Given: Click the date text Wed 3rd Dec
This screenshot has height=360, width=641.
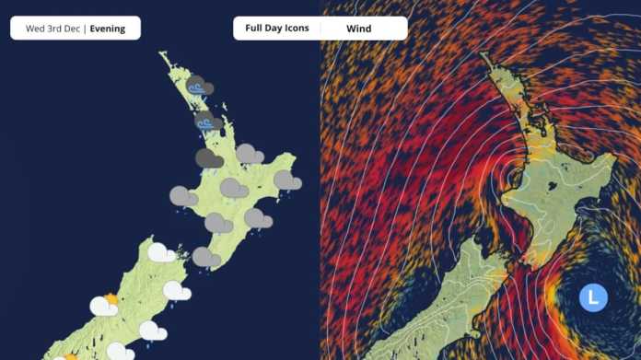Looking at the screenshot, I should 52,29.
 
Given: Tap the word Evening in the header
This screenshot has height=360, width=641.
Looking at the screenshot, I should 109,29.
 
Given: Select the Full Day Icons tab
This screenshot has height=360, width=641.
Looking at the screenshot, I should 276,29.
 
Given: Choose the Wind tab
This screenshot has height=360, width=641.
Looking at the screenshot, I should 358,29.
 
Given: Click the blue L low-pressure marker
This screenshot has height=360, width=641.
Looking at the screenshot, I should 593,297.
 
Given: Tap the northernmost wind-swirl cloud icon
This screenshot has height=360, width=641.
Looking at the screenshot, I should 199,87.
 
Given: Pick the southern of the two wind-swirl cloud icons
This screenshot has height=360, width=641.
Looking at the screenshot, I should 207,122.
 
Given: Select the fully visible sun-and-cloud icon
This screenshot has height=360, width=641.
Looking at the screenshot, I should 105,305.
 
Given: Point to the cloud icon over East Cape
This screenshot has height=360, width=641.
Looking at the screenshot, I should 286,181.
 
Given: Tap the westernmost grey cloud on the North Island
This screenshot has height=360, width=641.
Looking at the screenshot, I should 183,196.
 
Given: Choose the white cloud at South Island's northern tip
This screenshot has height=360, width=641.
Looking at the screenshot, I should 162,252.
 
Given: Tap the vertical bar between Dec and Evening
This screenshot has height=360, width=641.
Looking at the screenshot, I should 84,29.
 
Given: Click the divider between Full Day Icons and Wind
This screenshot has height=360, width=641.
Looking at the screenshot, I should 320,29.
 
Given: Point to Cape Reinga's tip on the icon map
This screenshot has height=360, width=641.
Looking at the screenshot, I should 161,53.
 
